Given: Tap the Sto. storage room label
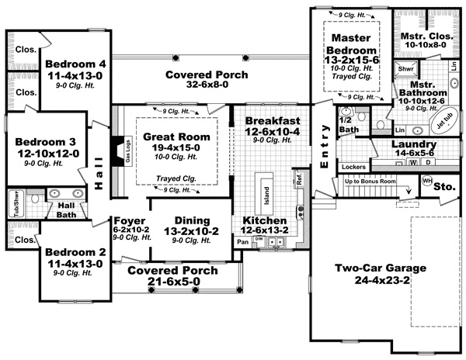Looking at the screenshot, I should click(x=446, y=186).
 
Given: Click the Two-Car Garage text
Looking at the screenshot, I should click(x=380, y=268).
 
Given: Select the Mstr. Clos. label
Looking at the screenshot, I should click(x=422, y=36).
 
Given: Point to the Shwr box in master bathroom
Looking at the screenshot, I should click(x=405, y=69).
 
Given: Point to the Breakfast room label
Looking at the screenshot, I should click(x=273, y=121).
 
